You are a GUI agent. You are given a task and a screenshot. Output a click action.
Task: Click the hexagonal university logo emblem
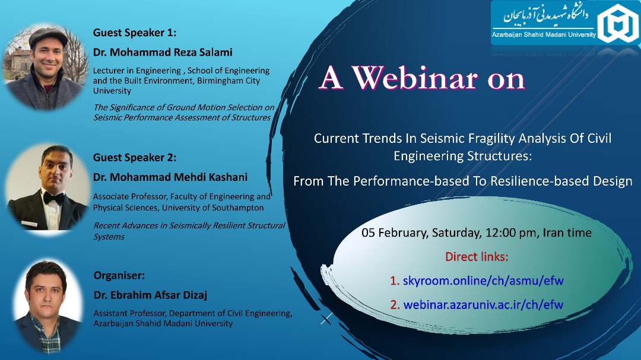[618, 23]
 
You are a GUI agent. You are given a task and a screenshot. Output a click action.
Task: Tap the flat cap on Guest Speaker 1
[48, 36]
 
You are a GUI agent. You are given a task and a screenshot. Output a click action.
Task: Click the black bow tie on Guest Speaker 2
[53, 197]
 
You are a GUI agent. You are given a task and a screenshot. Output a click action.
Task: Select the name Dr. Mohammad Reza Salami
[163, 52]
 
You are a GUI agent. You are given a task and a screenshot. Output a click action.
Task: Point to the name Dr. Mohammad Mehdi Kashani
[170, 177]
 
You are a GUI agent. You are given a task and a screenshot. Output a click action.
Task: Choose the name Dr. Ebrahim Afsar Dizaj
[150, 295]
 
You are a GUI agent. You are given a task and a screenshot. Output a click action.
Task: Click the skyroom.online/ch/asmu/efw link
[483, 281]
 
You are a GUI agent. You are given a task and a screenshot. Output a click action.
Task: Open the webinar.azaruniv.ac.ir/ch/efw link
[483, 305]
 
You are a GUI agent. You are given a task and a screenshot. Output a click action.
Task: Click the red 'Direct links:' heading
[477, 257]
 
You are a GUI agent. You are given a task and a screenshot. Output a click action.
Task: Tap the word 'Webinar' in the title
[415, 78]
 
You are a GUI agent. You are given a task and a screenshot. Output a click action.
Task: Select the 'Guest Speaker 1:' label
[135, 33]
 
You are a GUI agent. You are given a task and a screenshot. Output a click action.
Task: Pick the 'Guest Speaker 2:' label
[135, 157]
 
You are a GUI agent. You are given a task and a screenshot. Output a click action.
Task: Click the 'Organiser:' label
[119, 276]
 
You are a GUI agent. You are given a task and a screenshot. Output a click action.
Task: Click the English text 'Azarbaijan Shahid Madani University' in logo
[544, 35]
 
